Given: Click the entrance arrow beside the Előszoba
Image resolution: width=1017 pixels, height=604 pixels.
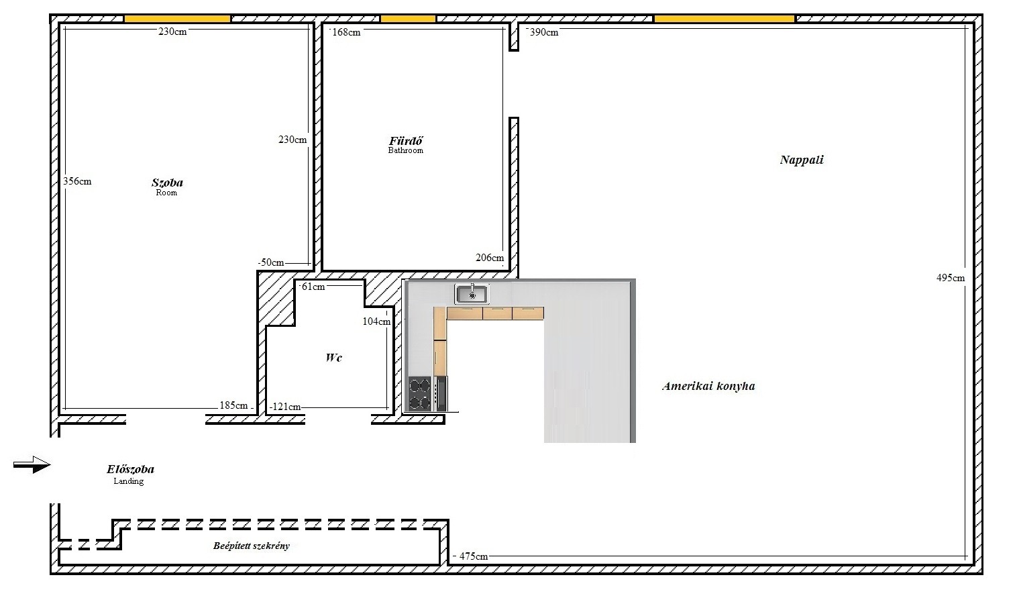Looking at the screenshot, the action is coord(32,464).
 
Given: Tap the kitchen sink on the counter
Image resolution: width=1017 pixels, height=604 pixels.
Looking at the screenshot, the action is coord(472,294).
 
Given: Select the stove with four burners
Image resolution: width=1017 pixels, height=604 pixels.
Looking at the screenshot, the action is coord(419,394).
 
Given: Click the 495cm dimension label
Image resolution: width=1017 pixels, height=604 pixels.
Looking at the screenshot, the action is coord(951,278).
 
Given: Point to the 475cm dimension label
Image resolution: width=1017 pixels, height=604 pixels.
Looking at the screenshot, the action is coord(474,556).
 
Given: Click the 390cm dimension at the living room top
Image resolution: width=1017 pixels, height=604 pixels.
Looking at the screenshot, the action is coord(544,32).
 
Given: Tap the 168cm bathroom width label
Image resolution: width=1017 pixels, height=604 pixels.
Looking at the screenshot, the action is coord(346,32).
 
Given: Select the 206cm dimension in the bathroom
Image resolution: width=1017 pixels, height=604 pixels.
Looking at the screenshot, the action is coord(490,258).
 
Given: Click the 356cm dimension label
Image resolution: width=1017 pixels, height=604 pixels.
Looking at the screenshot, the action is coord(77,182).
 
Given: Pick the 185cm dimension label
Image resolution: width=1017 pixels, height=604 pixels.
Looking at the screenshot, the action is coord(234,405).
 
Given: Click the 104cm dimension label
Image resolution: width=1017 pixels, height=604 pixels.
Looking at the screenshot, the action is coord(376,321).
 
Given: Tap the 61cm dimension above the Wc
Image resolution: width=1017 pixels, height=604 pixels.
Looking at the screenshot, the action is coord(313,287).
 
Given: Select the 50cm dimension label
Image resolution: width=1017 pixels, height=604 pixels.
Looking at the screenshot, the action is coord(271,262).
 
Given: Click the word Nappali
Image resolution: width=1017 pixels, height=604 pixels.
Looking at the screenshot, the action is coord(802,160).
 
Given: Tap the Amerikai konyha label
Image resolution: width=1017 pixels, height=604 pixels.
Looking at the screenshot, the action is coord(708,386).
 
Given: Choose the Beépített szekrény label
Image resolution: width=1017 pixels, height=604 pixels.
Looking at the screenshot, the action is coord(252,546).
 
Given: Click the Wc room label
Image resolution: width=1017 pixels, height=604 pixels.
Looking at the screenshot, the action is coord(333,358).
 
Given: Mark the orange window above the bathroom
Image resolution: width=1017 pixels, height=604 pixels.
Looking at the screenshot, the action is coord(408,19).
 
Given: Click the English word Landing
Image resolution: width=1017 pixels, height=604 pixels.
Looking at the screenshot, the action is coord(129,481).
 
